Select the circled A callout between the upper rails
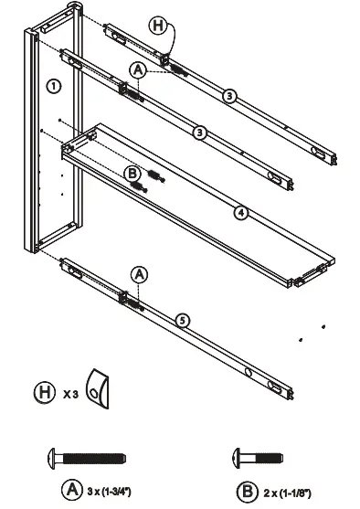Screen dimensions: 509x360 [x=139, y=69]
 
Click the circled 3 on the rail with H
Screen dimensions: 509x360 [x=230, y=94]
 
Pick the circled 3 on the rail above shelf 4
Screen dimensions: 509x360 [x=199, y=133]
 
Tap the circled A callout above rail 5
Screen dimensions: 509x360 [x=139, y=273]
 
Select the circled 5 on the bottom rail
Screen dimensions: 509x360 [x=184, y=319]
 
